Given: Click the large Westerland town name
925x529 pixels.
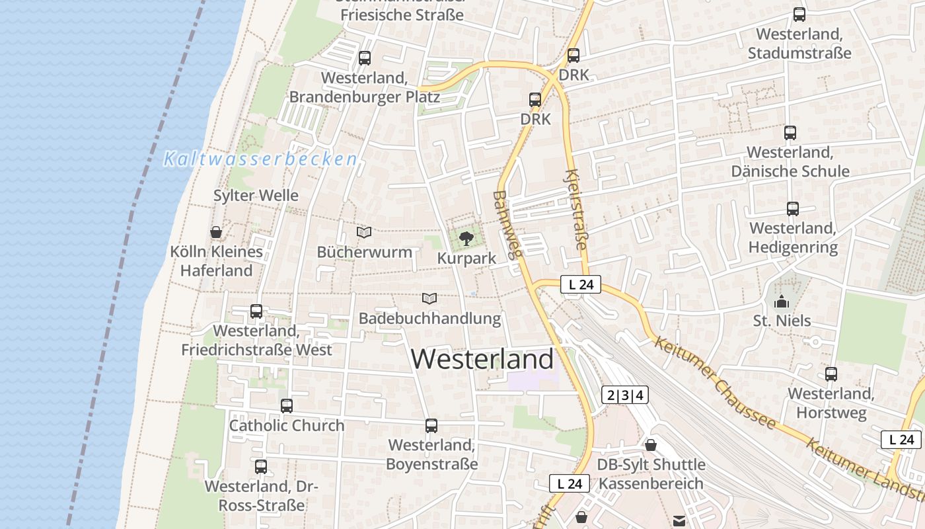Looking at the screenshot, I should coord(482,359).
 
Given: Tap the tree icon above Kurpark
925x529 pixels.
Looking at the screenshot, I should coord(466,238).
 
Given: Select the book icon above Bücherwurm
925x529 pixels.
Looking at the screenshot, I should coord(364,232).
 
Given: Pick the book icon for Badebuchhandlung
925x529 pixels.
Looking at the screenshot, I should coord(429,299).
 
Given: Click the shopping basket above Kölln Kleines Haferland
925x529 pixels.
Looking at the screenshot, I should coord(215,232).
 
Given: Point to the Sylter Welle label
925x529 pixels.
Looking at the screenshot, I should coord(256,196).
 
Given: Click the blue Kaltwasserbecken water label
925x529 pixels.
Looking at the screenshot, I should coord(260,159).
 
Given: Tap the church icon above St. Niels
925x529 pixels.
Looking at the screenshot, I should coord(782,302).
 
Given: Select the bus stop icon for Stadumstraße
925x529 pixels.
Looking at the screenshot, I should coord(799,15).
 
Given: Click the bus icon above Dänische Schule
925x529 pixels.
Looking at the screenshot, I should coord(790,132).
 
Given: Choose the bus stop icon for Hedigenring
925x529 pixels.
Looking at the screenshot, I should coord(793,209).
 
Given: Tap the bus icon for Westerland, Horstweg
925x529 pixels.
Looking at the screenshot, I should coord(831,374).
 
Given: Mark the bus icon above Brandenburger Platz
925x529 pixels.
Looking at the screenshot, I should coord(365,58).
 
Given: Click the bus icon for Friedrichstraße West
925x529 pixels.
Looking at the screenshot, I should coord(256,311).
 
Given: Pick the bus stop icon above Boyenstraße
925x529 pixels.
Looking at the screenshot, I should coord(431,426).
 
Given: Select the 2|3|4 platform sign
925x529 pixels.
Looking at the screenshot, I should coord(625,395).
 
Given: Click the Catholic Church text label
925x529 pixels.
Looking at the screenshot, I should coord(287,426).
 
